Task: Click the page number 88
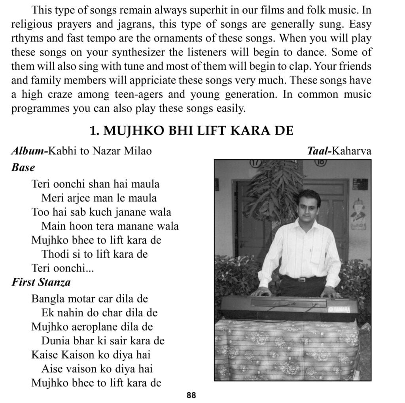(x=191, y=395)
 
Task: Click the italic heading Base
(x=23, y=167)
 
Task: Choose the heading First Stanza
(x=41, y=282)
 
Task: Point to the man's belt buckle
(x=302, y=279)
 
